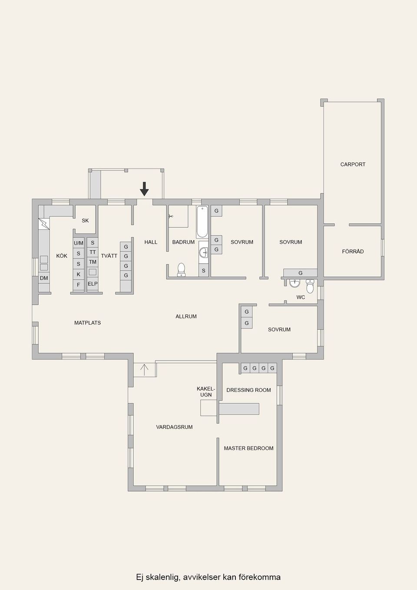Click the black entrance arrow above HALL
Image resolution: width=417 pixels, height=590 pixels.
(x=144, y=189)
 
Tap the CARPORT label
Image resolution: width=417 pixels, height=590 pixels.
(x=353, y=164)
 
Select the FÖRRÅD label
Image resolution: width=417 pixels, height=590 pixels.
(x=353, y=252)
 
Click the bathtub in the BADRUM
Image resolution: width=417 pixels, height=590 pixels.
(x=202, y=222)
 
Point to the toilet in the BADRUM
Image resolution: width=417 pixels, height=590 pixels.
(x=182, y=269)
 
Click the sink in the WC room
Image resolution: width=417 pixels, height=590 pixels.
(x=295, y=283)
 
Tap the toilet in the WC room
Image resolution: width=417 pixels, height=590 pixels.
(x=310, y=287)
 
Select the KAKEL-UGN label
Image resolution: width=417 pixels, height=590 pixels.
(x=206, y=391)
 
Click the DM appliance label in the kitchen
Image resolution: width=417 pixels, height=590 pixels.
(x=44, y=278)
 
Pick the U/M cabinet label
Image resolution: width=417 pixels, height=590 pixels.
(x=79, y=243)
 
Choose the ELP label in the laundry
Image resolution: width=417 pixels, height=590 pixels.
(x=93, y=284)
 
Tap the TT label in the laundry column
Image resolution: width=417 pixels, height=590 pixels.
(x=93, y=252)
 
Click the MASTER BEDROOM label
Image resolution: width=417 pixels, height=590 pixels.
(x=248, y=448)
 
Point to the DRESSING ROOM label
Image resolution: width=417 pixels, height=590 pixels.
(x=248, y=390)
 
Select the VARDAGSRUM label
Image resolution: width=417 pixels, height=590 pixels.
(x=174, y=427)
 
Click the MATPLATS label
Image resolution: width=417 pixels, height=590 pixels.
(x=87, y=323)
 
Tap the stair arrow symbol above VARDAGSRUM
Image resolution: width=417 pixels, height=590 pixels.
(x=144, y=370)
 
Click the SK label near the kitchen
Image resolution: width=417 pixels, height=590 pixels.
(x=85, y=221)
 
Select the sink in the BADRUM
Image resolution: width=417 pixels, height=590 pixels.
(x=204, y=252)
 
